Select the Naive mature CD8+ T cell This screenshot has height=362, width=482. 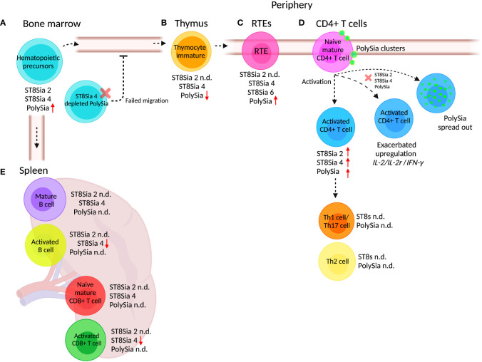pyautogui.click(x=84, y=291)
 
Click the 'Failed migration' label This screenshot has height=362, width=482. pyautogui.click(x=147, y=101)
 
